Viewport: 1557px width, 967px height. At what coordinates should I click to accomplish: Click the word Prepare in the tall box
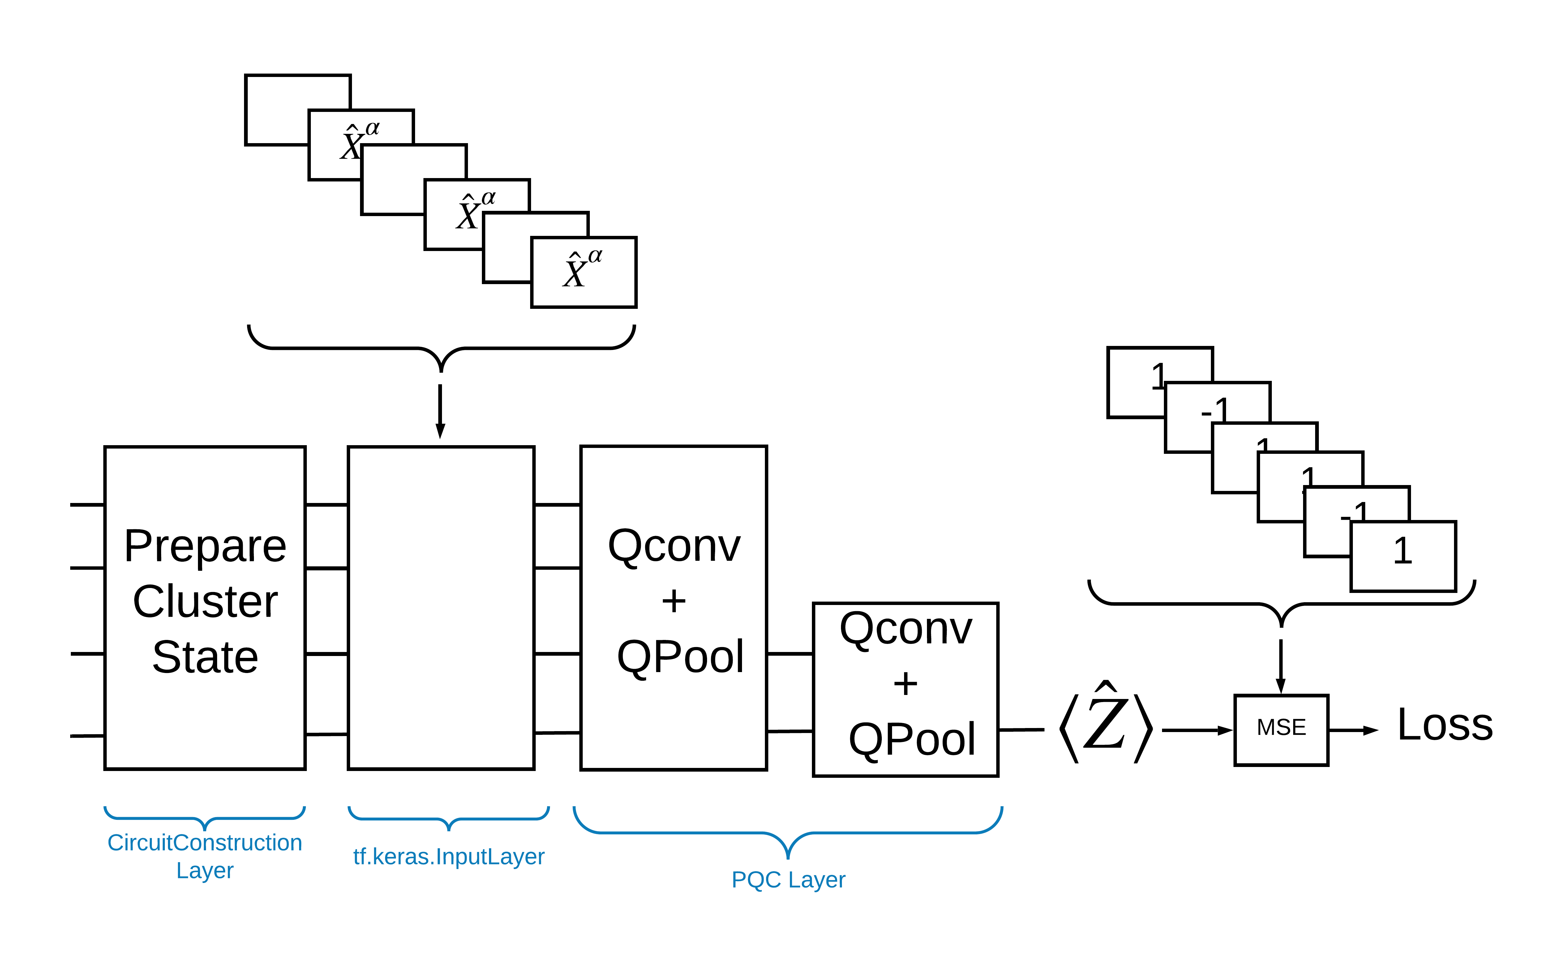tap(205, 547)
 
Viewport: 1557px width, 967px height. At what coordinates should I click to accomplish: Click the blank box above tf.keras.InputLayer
tap(441, 607)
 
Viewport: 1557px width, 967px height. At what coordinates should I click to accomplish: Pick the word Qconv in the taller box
tap(674, 547)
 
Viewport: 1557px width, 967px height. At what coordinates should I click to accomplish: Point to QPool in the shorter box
tap(911, 739)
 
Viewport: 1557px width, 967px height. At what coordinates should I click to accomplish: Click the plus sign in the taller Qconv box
tap(674, 601)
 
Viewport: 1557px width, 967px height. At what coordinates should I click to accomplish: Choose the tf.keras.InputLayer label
tap(448, 856)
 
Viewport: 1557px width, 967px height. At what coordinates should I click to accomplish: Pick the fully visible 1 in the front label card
tap(1402, 551)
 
